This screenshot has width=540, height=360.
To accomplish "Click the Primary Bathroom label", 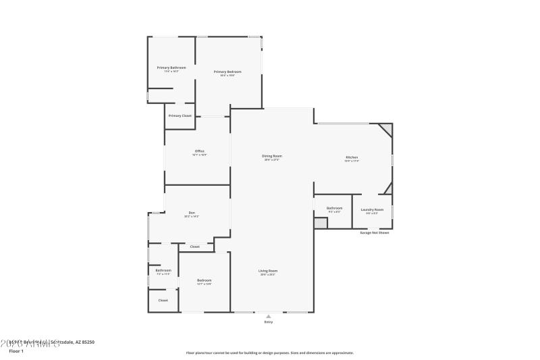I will pyautogui.click(x=171, y=68).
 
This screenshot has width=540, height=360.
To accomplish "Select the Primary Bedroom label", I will pyautogui.click(x=227, y=72).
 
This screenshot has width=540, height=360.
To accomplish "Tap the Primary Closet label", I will pyautogui.click(x=180, y=115).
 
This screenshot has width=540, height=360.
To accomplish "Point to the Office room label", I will pyautogui.click(x=200, y=151).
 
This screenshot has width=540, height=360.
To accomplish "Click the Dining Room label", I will pyautogui.click(x=272, y=156).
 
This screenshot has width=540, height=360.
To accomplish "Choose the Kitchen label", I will pyautogui.click(x=352, y=157).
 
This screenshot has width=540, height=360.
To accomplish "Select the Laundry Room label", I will pyautogui.click(x=372, y=209).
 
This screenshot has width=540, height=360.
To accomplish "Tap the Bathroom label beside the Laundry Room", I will pyautogui.click(x=335, y=208).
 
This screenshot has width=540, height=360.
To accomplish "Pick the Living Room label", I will pyautogui.click(x=268, y=271).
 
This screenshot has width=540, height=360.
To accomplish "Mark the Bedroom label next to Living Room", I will pyautogui.click(x=204, y=280).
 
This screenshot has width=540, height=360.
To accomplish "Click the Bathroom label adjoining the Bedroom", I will pyautogui.click(x=163, y=270).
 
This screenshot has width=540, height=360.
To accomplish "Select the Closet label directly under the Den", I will pyautogui.click(x=194, y=247).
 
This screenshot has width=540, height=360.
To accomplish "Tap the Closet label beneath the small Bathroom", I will pyautogui.click(x=163, y=300).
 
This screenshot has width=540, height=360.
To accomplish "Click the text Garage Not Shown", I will pyautogui.click(x=374, y=232).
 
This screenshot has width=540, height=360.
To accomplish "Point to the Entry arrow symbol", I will pyautogui.click(x=268, y=315).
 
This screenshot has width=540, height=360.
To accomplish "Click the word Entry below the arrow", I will pyautogui.click(x=268, y=322).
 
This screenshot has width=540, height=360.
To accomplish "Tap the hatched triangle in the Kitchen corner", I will pyautogui.click(x=387, y=128).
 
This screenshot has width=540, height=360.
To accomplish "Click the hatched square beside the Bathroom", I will pyautogui.click(x=321, y=222).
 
